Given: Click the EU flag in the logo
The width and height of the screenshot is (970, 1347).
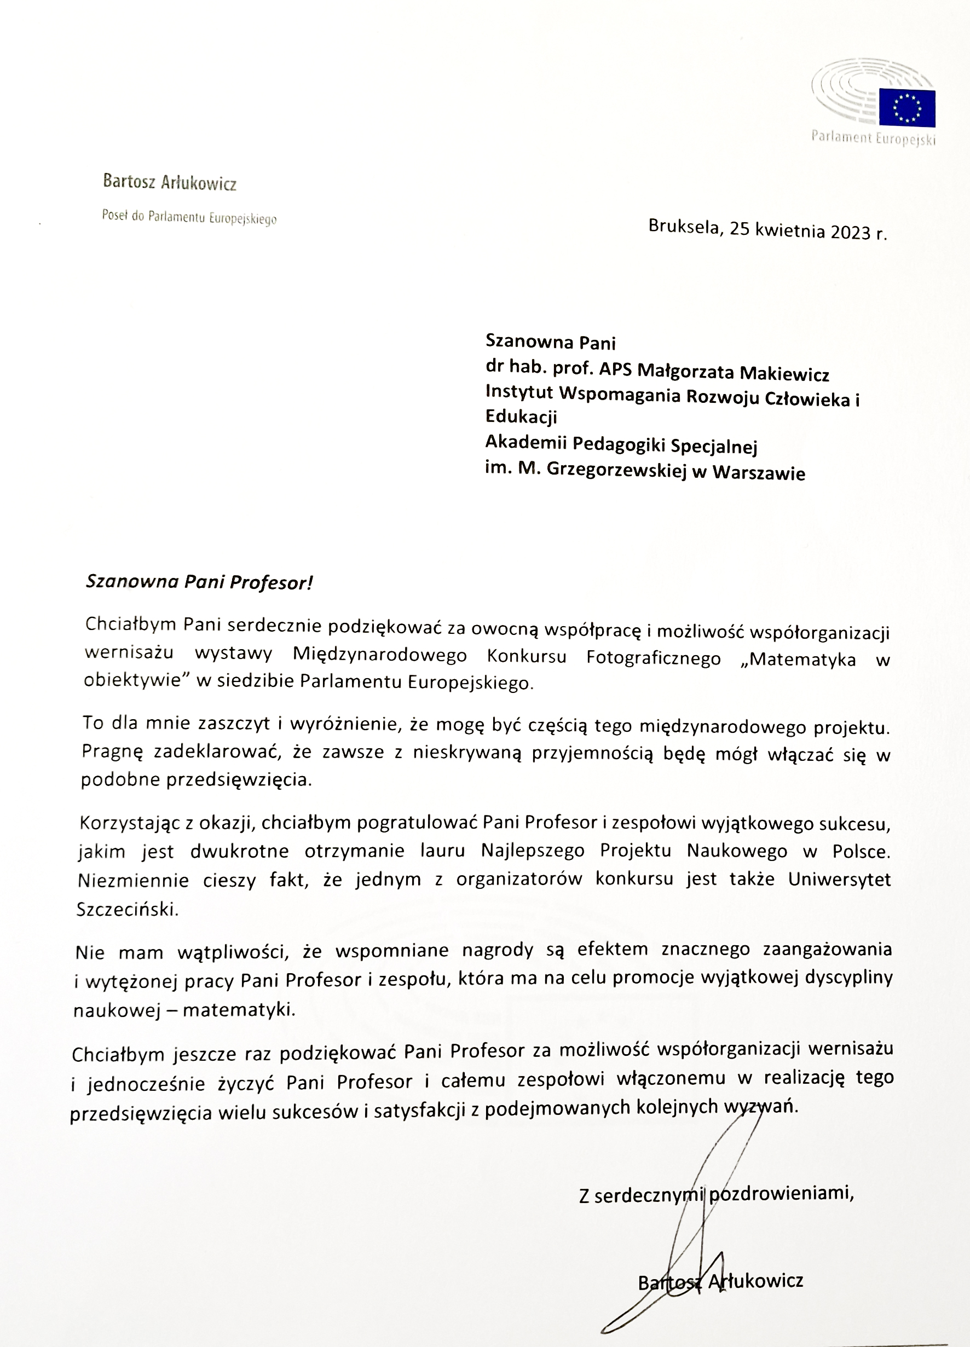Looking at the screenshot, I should pyautogui.click(x=907, y=107).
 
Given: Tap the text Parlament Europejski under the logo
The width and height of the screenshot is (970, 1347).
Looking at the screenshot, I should pyautogui.click(x=873, y=139).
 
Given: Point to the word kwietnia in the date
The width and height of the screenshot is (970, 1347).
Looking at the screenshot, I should pyautogui.click(x=790, y=230).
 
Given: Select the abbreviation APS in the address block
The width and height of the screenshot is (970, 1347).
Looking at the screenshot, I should pyautogui.click(x=615, y=369).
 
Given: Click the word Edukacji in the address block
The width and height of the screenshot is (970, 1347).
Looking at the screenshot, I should pyautogui.click(x=521, y=417).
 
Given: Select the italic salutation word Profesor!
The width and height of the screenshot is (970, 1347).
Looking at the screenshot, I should pyautogui.click(x=271, y=582).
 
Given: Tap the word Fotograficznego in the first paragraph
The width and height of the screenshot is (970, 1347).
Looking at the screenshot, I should pyautogui.click(x=653, y=658).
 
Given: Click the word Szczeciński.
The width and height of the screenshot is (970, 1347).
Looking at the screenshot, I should pyautogui.click(x=128, y=909).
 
